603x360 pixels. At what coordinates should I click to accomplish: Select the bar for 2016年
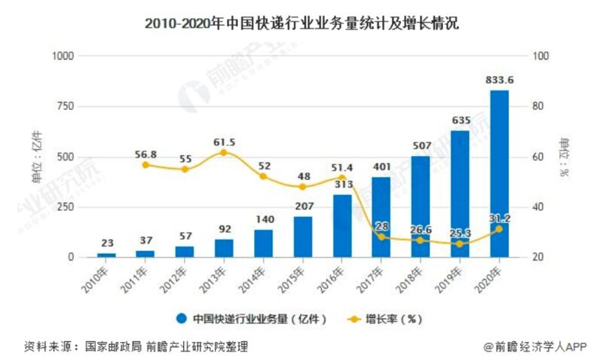click(342, 226)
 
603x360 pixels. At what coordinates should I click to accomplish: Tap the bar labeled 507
click(421, 206)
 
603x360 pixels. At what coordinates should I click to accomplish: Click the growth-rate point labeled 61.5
click(224, 153)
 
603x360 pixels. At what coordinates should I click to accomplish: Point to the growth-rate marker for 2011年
click(145, 164)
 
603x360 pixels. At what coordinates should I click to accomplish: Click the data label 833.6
click(499, 81)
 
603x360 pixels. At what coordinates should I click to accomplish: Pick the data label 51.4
click(341, 166)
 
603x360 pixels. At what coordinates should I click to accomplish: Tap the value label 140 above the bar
click(263, 219)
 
